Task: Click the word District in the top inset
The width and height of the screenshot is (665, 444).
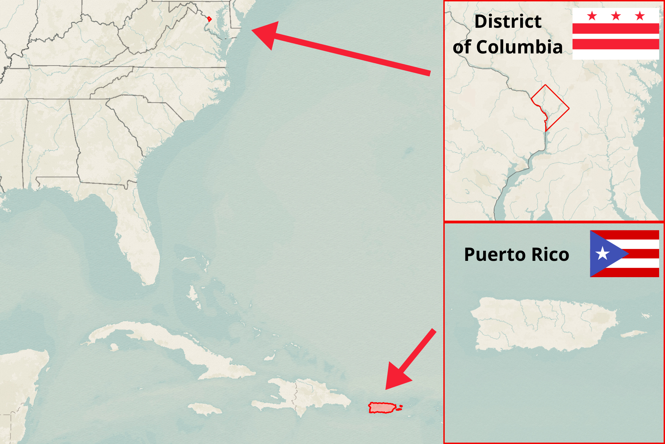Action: point(508,22)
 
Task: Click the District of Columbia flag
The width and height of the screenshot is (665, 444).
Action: point(615,34)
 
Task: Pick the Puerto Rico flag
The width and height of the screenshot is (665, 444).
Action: point(624,254)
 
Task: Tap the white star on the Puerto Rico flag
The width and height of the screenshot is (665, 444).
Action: point(602,254)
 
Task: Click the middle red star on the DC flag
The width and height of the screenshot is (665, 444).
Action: point(616,16)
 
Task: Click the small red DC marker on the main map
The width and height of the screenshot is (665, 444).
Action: point(209,19)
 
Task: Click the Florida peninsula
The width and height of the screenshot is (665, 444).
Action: point(139,236)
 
